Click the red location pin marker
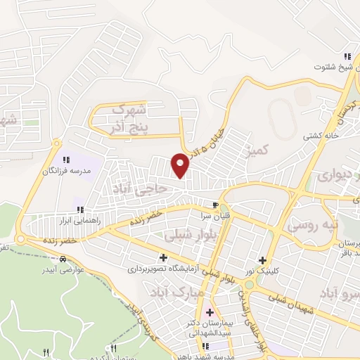[x=181, y=165]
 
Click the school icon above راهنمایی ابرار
[x=81, y=210]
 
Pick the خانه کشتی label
[x=323, y=135]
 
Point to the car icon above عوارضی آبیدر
[x=63, y=258]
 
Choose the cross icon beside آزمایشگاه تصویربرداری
[x=164, y=258]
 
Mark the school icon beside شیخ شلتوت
[x=346, y=57]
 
